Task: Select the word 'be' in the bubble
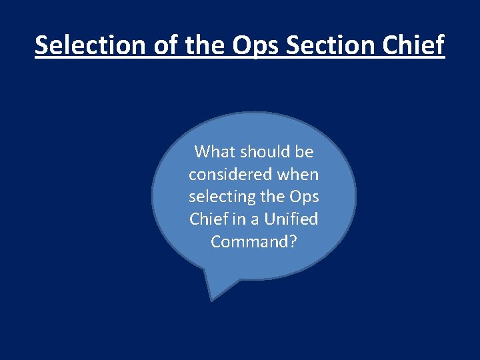pyautogui.click(x=304, y=152)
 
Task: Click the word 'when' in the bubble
pyautogui.click(x=298, y=175)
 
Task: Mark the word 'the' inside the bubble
pyautogui.click(x=273, y=197)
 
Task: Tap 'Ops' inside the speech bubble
pyautogui.click(x=304, y=198)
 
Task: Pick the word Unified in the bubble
pyautogui.click(x=291, y=219)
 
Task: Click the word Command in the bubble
pyautogui.click(x=249, y=241)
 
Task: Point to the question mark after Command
pyautogui.click(x=293, y=241)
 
